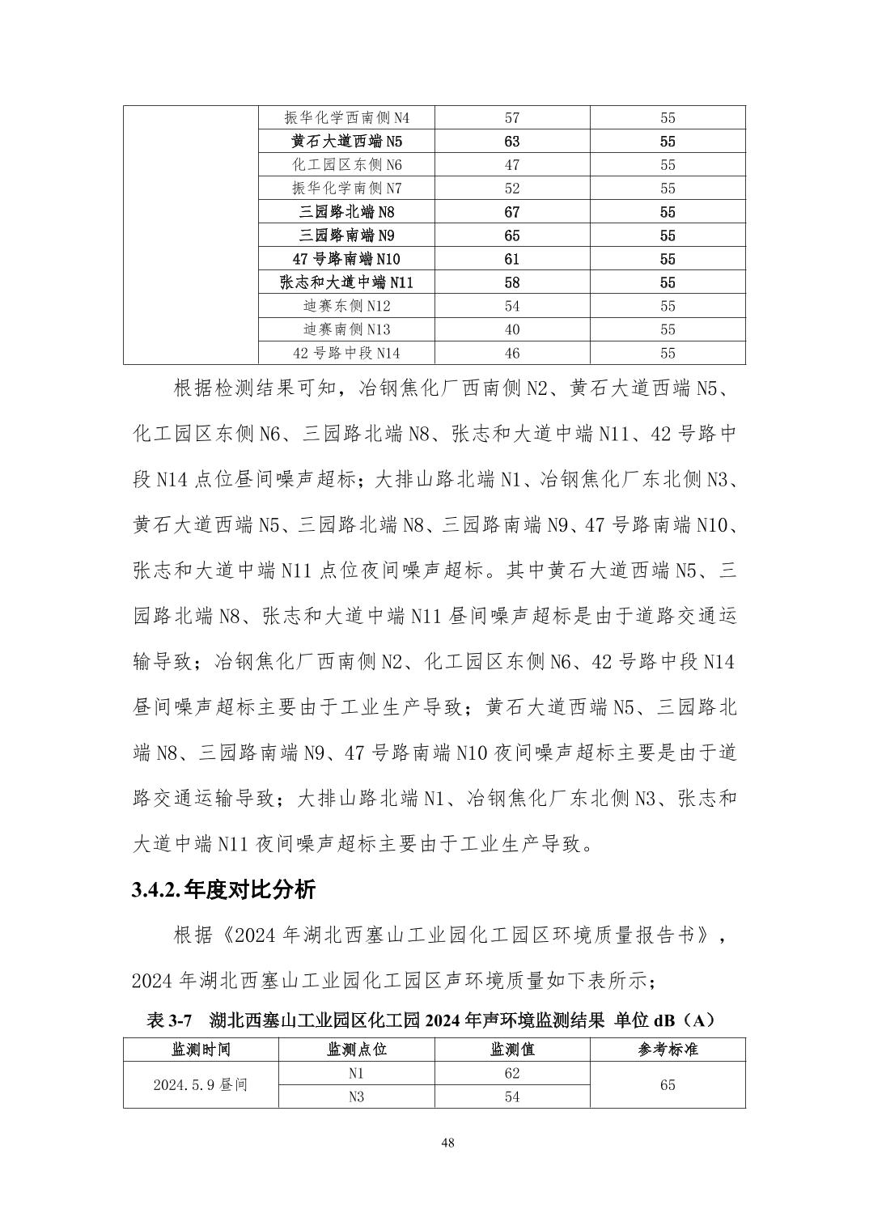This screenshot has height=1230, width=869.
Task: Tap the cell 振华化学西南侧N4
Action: (x=346, y=118)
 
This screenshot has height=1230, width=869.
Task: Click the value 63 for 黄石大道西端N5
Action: (x=511, y=142)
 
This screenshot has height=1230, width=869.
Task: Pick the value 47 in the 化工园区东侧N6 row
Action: (x=511, y=165)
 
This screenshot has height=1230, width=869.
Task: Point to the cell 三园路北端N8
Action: (x=346, y=213)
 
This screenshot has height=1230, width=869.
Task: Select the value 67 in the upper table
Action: (x=511, y=213)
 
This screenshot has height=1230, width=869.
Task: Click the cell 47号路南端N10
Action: (x=346, y=260)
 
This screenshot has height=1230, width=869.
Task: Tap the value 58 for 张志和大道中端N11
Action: (x=511, y=283)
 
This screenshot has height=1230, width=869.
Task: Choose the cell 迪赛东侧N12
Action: (x=346, y=307)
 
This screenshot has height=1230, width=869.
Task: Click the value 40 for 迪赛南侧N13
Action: (x=511, y=330)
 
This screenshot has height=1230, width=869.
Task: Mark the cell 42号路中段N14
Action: (x=346, y=354)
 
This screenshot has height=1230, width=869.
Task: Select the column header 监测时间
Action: (x=201, y=1050)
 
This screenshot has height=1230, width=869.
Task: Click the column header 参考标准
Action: (x=668, y=1050)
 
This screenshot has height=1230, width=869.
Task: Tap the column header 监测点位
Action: (x=356, y=1050)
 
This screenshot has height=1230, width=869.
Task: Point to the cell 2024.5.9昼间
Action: (x=201, y=1085)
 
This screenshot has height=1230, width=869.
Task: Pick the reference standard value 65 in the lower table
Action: (x=668, y=1085)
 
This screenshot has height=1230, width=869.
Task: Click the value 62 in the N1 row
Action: (x=511, y=1074)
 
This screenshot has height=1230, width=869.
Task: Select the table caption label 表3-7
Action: (x=167, y=1021)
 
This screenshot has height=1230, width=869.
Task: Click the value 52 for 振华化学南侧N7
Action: (x=511, y=189)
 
